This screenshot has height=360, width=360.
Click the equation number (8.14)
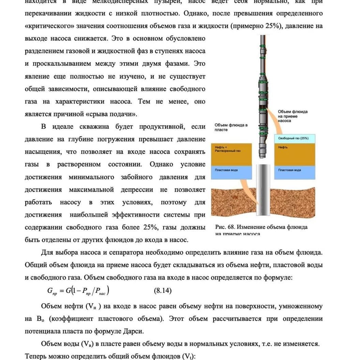coord(163,291)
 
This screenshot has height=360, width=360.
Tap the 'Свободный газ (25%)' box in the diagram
coord(293,138)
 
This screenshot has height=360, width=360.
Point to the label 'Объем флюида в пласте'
coord(231,127)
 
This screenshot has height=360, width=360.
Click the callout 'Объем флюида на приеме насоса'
coord(292,116)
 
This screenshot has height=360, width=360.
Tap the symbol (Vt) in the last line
coord(188,356)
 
